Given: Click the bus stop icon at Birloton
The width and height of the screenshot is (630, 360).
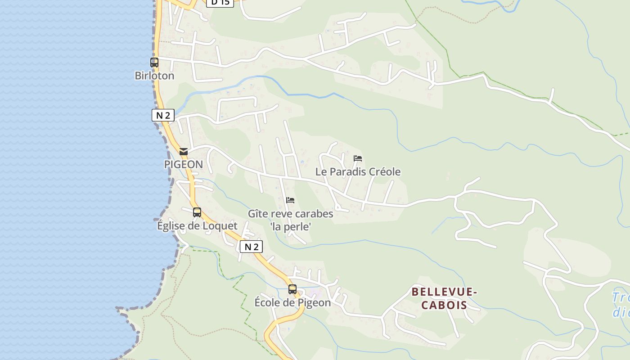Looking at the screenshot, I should click(154, 63).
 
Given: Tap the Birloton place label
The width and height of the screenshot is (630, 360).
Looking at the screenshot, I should click(154, 76).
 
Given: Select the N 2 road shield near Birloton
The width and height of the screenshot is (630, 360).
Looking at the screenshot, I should click(162, 115).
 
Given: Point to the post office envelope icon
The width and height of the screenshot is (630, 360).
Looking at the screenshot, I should click(184, 152).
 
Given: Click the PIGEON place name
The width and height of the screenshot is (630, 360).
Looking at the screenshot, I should click(183, 164).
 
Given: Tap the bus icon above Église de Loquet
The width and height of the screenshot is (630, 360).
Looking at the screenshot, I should click(197, 212).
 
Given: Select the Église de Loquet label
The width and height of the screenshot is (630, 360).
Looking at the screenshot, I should click(197, 225).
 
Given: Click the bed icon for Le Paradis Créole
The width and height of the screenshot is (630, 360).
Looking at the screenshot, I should click(358, 158).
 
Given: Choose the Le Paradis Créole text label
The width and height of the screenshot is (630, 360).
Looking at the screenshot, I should click(358, 171).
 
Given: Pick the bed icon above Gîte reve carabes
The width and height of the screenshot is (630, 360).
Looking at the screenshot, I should click(290, 200).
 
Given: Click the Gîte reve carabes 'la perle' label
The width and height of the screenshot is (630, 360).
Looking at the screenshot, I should click(291, 220).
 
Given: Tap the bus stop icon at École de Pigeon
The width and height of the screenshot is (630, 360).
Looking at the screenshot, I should click(292, 289).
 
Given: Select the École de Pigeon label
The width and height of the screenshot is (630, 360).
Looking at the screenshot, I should click(292, 302).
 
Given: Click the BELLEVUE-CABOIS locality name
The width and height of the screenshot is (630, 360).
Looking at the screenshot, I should click(444, 298).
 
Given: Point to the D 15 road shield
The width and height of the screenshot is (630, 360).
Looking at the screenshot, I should click(220, 2).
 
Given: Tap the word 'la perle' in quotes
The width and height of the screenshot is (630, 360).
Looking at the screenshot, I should click(291, 226).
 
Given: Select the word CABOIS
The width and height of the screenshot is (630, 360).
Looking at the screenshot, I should click(444, 305).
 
